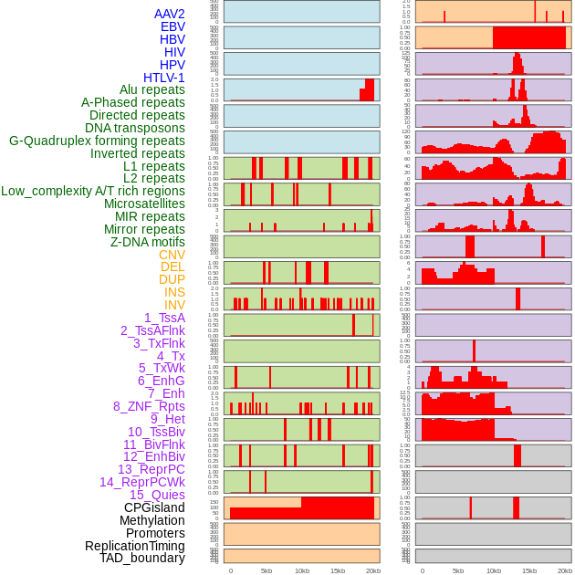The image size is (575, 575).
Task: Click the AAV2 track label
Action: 169,14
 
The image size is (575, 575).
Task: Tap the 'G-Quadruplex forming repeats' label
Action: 97,141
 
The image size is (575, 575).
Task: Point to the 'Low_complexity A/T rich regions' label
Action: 93,191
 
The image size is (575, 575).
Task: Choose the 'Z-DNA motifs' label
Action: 147,242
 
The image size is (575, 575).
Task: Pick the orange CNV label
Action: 172,255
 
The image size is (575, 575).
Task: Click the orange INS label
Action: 173,292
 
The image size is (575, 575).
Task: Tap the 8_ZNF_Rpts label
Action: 149,406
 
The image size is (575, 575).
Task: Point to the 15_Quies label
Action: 157,495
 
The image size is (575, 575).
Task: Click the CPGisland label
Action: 154,507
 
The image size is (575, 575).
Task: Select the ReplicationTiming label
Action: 135,546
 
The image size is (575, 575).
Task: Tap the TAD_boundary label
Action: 142,558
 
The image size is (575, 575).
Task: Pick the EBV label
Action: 172,26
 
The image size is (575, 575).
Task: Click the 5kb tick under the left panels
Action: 267,570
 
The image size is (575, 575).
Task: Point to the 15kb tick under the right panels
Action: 529,570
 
